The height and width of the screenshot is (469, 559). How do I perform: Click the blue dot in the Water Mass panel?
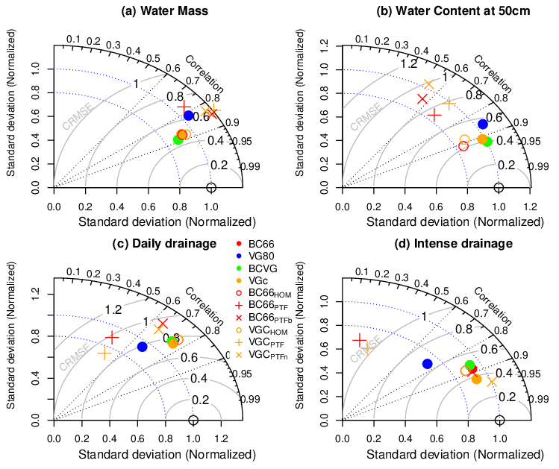coord(189,116)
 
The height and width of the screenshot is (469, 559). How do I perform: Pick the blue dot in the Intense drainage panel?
coord(427,364)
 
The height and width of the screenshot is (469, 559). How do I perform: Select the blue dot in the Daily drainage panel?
coord(143,347)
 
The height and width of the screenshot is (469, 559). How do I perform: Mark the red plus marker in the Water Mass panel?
coord(184,106)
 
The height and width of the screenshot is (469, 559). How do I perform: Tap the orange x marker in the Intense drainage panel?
coord(492,381)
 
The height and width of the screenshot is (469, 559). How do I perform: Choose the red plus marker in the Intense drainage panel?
coord(360,341)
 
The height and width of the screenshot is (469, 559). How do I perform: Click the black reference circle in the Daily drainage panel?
coord(193,421)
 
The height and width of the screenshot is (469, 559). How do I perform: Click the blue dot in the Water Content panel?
coord(483,123)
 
